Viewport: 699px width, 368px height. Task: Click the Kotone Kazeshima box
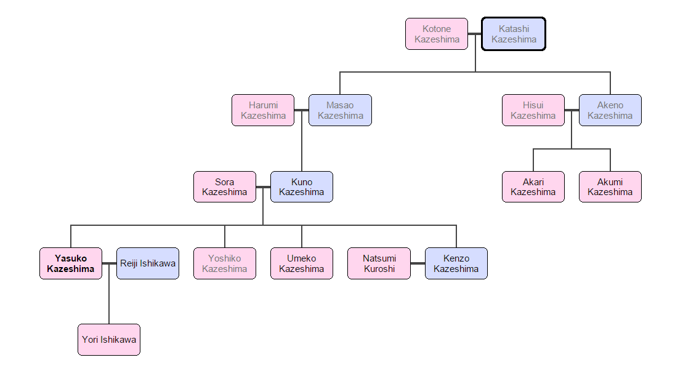point(437,34)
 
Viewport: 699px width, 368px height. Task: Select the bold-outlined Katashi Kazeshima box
point(514,34)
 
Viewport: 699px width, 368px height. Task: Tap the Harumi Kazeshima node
point(263,110)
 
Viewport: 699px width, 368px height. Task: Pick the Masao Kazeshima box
point(340,110)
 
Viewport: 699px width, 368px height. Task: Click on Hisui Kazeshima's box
point(533,110)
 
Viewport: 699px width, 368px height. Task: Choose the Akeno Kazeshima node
point(610,110)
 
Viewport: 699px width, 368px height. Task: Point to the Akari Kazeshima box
point(533,187)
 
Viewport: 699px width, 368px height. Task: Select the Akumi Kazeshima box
point(610,187)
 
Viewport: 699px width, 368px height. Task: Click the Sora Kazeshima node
point(224,187)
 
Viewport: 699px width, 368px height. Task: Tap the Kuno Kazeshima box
point(301,187)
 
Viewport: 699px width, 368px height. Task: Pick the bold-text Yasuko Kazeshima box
point(71,263)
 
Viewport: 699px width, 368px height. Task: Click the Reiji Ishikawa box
point(148,263)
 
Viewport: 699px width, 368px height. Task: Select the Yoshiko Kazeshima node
point(224,263)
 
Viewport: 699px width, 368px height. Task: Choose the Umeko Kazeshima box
point(301,263)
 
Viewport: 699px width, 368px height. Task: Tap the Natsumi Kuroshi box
point(379,263)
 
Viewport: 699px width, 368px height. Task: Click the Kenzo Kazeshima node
point(456,263)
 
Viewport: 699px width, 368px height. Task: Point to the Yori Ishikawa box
point(109,340)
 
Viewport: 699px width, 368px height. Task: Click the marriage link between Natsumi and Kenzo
point(418,263)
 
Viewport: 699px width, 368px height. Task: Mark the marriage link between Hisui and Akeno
point(572,110)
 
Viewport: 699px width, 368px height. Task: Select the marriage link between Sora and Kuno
point(263,187)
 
